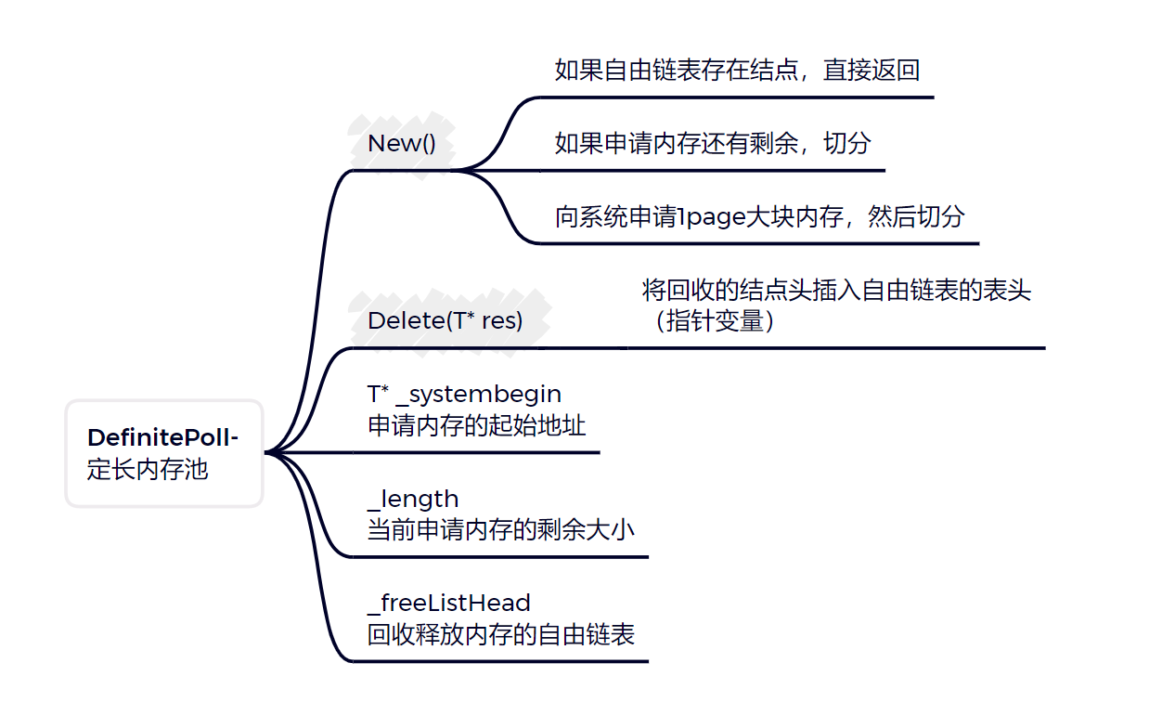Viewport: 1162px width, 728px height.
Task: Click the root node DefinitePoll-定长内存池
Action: pos(164,453)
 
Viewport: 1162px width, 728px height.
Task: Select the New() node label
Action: pos(402,144)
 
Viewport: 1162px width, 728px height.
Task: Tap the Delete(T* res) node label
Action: pos(445,321)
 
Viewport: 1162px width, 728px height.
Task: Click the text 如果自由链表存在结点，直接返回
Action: pos(737,71)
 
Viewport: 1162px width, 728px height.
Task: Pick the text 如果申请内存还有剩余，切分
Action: pos(713,144)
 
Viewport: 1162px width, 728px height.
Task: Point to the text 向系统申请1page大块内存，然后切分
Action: pos(759,217)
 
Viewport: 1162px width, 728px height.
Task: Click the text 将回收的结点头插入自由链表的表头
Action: pos(836,291)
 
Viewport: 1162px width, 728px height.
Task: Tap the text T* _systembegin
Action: pos(464,395)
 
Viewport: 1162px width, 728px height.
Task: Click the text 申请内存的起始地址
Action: pos(477,426)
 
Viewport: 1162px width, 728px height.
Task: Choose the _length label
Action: pos(413,500)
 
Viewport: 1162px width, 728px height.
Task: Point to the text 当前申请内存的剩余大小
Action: pos(501,530)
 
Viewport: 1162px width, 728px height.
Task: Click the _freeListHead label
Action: pos(449,604)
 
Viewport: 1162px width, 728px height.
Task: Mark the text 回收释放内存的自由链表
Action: pos(501,635)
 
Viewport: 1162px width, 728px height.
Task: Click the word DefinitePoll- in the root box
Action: pos(163,437)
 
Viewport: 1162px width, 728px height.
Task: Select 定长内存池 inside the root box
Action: pos(148,469)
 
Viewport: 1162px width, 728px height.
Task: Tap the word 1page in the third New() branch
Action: pos(710,218)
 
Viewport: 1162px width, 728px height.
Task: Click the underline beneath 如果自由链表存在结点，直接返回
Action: pos(737,97)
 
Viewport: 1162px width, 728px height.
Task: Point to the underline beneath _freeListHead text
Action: pos(501,661)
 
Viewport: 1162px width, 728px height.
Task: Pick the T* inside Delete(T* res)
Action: pos(461,321)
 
